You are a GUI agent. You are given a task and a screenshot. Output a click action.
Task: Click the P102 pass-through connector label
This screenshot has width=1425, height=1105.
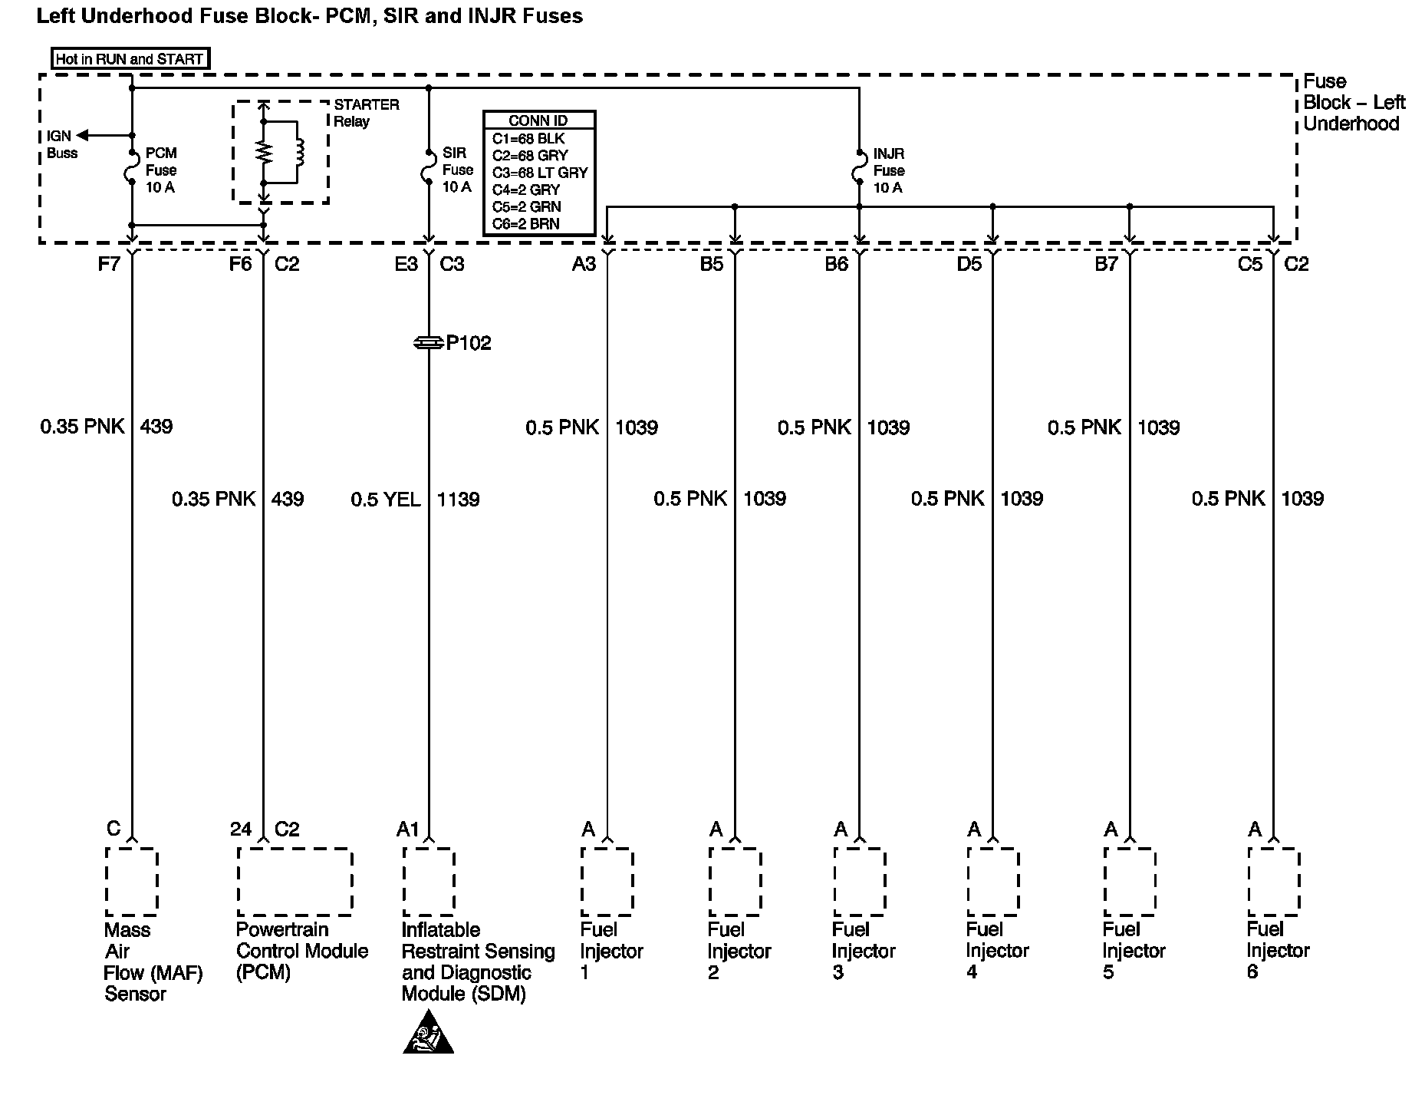(x=468, y=343)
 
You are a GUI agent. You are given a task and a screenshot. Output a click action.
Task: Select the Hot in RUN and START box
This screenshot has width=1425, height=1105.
(x=130, y=59)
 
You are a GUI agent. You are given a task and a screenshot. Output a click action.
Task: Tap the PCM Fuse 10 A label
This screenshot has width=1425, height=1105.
(x=161, y=170)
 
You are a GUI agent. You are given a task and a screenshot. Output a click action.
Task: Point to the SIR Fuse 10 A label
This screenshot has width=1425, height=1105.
(x=457, y=170)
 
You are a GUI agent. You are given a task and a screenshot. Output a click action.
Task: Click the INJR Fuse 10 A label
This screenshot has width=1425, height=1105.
(x=888, y=170)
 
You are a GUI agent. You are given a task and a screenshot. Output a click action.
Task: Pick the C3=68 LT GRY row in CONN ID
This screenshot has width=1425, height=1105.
(x=539, y=173)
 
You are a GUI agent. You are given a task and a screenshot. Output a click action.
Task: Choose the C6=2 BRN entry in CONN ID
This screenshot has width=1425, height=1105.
(x=526, y=224)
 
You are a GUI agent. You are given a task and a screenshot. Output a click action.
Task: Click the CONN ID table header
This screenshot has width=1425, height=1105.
(x=538, y=120)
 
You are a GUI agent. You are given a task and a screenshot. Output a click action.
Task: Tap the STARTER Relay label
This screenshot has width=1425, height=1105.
(x=366, y=113)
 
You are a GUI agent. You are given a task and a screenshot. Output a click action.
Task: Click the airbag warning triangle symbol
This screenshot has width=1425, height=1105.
(x=428, y=1033)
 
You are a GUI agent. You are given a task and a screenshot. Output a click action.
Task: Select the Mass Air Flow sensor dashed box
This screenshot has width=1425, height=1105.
(x=131, y=882)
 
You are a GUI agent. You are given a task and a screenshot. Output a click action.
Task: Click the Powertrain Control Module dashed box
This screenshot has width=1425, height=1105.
(x=295, y=882)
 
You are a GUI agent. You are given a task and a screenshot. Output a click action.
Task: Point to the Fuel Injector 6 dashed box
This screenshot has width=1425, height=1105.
(x=1273, y=882)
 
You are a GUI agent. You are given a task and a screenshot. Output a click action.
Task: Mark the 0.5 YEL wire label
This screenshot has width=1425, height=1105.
(x=385, y=500)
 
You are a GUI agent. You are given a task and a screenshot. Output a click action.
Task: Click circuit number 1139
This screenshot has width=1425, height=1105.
(x=458, y=500)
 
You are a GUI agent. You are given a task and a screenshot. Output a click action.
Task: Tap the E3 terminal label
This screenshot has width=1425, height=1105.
(x=406, y=265)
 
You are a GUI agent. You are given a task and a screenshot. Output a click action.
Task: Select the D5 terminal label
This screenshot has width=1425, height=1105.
(x=969, y=265)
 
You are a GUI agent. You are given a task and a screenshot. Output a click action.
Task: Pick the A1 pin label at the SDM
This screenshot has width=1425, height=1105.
(x=407, y=830)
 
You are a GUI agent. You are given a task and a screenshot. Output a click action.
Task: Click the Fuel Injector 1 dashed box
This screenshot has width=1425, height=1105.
(x=607, y=882)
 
